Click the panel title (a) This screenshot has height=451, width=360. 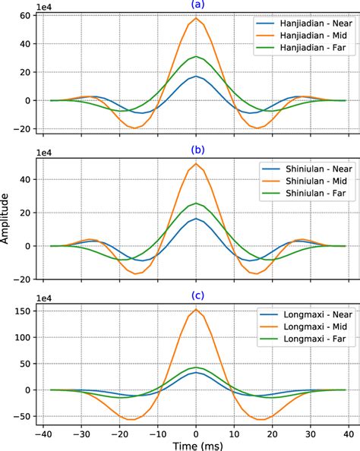(x=196, y=6)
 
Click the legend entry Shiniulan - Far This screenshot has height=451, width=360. (x=303, y=197)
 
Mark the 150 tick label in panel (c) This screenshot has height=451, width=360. (x=22, y=311)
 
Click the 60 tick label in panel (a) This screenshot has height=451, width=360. (x=24, y=16)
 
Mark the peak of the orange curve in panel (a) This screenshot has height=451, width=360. (x=196, y=18)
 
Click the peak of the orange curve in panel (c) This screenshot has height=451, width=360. (x=196, y=310)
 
